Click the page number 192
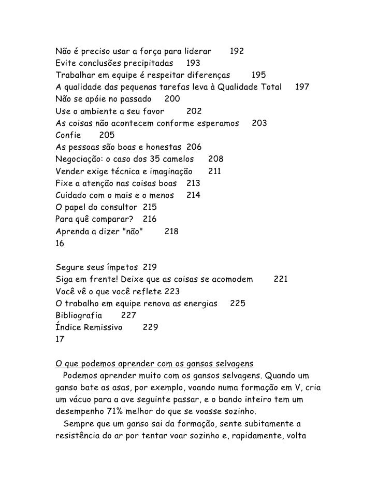coord(237,52)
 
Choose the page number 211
coord(215,171)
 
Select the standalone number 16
coord(61,243)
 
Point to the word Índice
coord(68,328)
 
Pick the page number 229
coord(150,328)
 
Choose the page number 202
coord(194,111)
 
